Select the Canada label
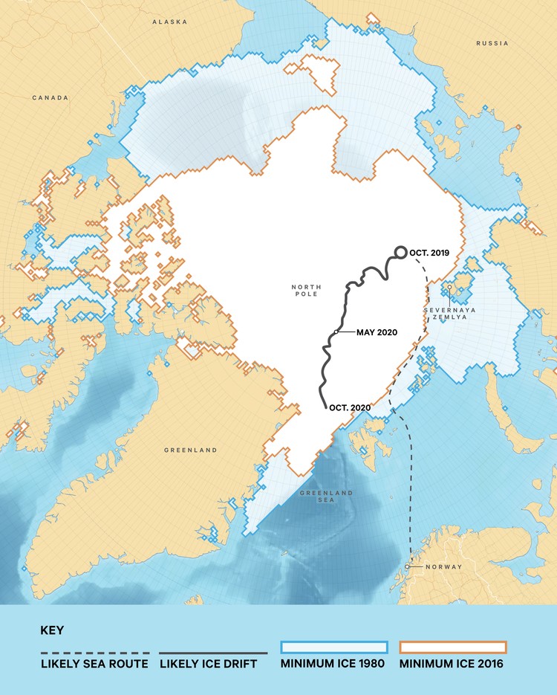[x=51, y=97]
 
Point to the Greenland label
[x=191, y=450]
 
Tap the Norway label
[x=443, y=567]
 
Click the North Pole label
[x=305, y=289]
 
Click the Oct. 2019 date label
[x=434, y=253]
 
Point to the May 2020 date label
[x=377, y=332]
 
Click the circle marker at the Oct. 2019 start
[x=400, y=253]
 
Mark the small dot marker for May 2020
[x=336, y=332]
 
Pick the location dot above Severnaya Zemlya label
[x=449, y=288]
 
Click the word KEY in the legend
[x=52, y=630]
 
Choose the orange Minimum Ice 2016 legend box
[x=452, y=646]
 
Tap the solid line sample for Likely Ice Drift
[x=213, y=654]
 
